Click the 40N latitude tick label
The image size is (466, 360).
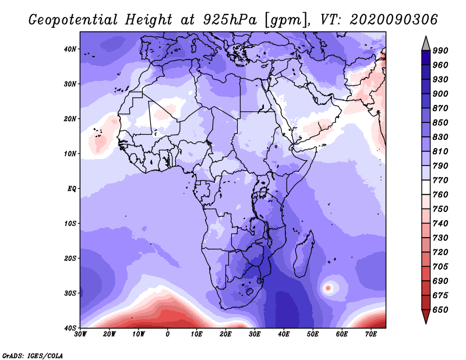tap(70, 49)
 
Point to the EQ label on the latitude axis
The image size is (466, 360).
tap(72, 189)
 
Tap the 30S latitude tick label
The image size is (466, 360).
tap(70, 293)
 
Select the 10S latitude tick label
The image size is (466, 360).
tap(70, 223)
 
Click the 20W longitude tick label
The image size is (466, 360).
tap(109, 334)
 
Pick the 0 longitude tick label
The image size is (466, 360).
tap(167, 334)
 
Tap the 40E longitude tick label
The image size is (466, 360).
tap(284, 334)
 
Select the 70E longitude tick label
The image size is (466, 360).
tap(371, 334)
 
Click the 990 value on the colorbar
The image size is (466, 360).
tap(440, 51)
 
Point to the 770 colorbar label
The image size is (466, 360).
tap(440, 180)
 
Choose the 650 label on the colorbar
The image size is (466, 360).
tap(440, 310)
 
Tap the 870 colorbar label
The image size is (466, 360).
tap(440, 108)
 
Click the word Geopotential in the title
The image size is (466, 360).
tap(73, 20)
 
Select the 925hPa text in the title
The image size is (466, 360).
tap(230, 20)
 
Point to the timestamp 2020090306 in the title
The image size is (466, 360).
tap(394, 20)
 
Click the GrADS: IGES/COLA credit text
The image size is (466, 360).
tap(33, 356)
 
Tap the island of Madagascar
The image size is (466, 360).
tap(303, 254)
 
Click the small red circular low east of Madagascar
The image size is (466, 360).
tap(328, 288)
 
